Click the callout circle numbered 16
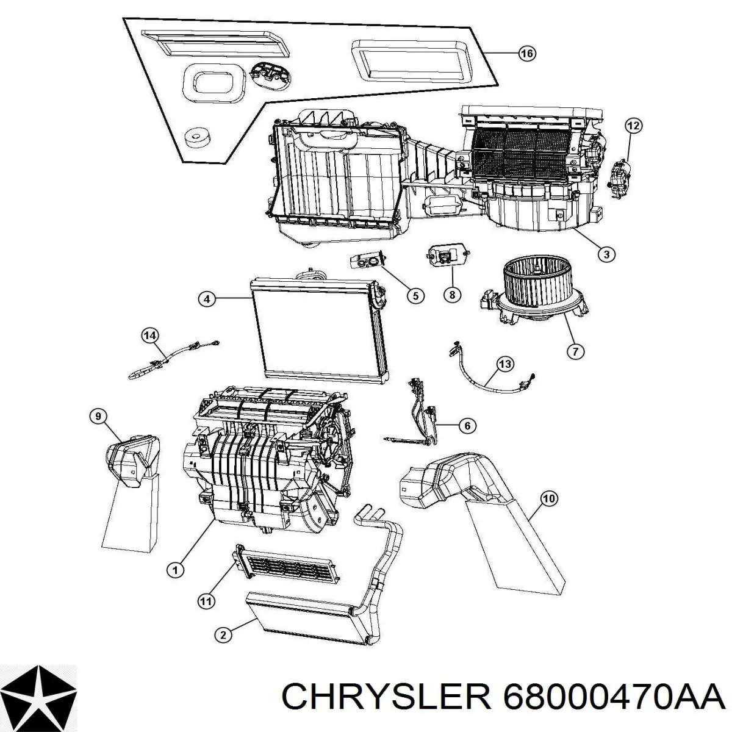(526, 54)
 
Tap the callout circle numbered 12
(633, 126)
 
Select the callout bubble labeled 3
(606, 254)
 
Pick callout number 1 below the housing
(175, 581)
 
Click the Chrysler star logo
(39, 694)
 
